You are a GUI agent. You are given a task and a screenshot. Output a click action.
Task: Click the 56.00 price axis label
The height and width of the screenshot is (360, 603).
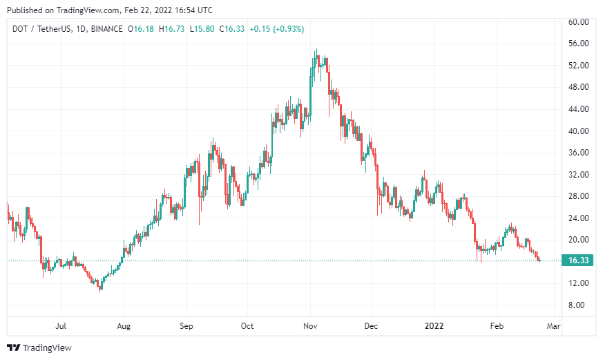[577, 44]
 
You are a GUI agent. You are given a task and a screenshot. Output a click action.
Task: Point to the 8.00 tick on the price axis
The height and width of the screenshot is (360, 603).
[577, 305]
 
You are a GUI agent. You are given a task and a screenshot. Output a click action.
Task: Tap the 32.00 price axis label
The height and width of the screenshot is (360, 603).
[577, 174]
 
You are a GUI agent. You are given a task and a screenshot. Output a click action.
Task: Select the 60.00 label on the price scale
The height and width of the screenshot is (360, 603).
[577, 21]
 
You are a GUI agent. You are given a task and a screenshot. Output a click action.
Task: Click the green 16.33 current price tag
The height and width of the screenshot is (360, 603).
[577, 260]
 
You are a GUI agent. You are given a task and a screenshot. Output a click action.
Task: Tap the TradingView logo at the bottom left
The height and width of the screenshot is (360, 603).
[39, 348]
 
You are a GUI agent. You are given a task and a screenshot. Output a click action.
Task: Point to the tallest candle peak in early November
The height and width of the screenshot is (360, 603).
[316, 50]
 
